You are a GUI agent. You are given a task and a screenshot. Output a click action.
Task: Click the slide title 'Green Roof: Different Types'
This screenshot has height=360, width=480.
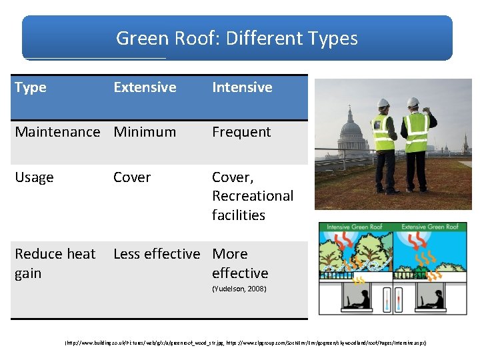237,38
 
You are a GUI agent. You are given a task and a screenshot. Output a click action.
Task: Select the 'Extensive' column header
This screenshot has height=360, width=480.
145,87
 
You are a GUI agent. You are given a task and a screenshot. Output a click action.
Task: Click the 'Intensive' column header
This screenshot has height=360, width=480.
242,87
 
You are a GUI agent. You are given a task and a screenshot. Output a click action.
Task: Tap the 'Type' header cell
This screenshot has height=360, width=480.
30,87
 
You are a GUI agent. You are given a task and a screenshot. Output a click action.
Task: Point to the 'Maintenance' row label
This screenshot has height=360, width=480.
57,132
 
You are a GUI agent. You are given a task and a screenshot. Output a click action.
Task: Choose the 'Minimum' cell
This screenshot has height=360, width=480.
145,132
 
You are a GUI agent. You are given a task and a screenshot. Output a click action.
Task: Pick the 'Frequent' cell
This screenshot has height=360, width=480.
241,132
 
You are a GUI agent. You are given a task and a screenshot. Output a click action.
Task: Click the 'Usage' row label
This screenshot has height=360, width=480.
34,177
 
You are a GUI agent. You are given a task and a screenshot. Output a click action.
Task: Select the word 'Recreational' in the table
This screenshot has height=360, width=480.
253,196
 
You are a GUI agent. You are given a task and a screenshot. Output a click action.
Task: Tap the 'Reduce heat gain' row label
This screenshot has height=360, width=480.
55,263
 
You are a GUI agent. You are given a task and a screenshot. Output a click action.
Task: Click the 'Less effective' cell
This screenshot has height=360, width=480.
157,254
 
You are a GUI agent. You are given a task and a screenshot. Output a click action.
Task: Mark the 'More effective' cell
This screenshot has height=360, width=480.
240,263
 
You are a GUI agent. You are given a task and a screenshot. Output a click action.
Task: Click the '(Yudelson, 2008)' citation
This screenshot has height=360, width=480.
239,289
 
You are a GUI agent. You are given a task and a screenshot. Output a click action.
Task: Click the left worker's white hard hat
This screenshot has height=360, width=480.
383,103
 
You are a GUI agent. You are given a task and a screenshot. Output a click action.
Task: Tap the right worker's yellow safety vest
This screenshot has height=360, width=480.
417,132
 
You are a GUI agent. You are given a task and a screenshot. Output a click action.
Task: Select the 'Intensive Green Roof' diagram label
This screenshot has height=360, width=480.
355,227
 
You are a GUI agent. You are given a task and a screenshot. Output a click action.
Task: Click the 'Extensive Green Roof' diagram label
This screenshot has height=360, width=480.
431,227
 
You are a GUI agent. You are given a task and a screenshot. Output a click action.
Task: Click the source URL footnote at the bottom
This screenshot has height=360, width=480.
245,342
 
